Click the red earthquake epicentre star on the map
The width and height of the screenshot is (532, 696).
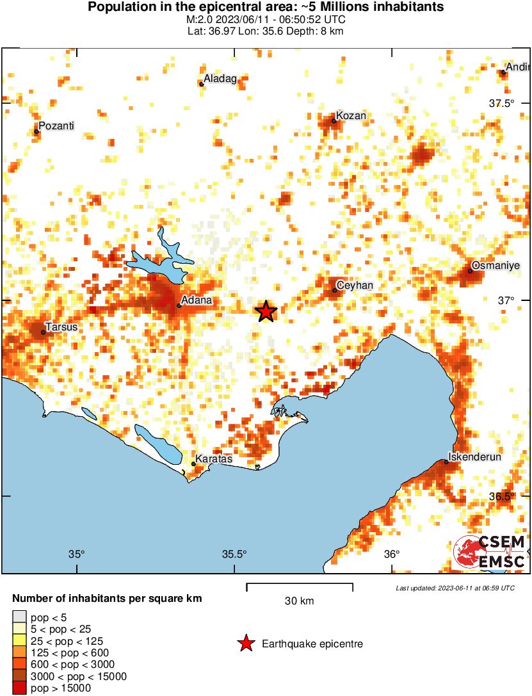pyautogui.click(x=266, y=311)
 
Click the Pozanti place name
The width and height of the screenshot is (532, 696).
pyautogui.click(x=57, y=126)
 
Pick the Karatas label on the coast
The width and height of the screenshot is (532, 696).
pyautogui.click(x=213, y=459)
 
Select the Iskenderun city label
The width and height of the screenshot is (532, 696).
pyautogui.click(x=475, y=457)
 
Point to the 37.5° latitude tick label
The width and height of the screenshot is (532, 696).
pyautogui.click(x=502, y=104)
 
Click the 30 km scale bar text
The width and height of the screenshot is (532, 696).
pyautogui.click(x=299, y=601)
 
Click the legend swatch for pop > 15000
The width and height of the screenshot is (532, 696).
pyautogui.click(x=19, y=688)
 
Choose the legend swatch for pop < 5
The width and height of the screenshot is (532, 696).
pyautogui.click(x=19, y=617)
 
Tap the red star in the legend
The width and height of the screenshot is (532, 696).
pyautogui.click(x=245, y=643)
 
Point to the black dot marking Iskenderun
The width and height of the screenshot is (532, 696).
pyautogui.click(x=446, y=462)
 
